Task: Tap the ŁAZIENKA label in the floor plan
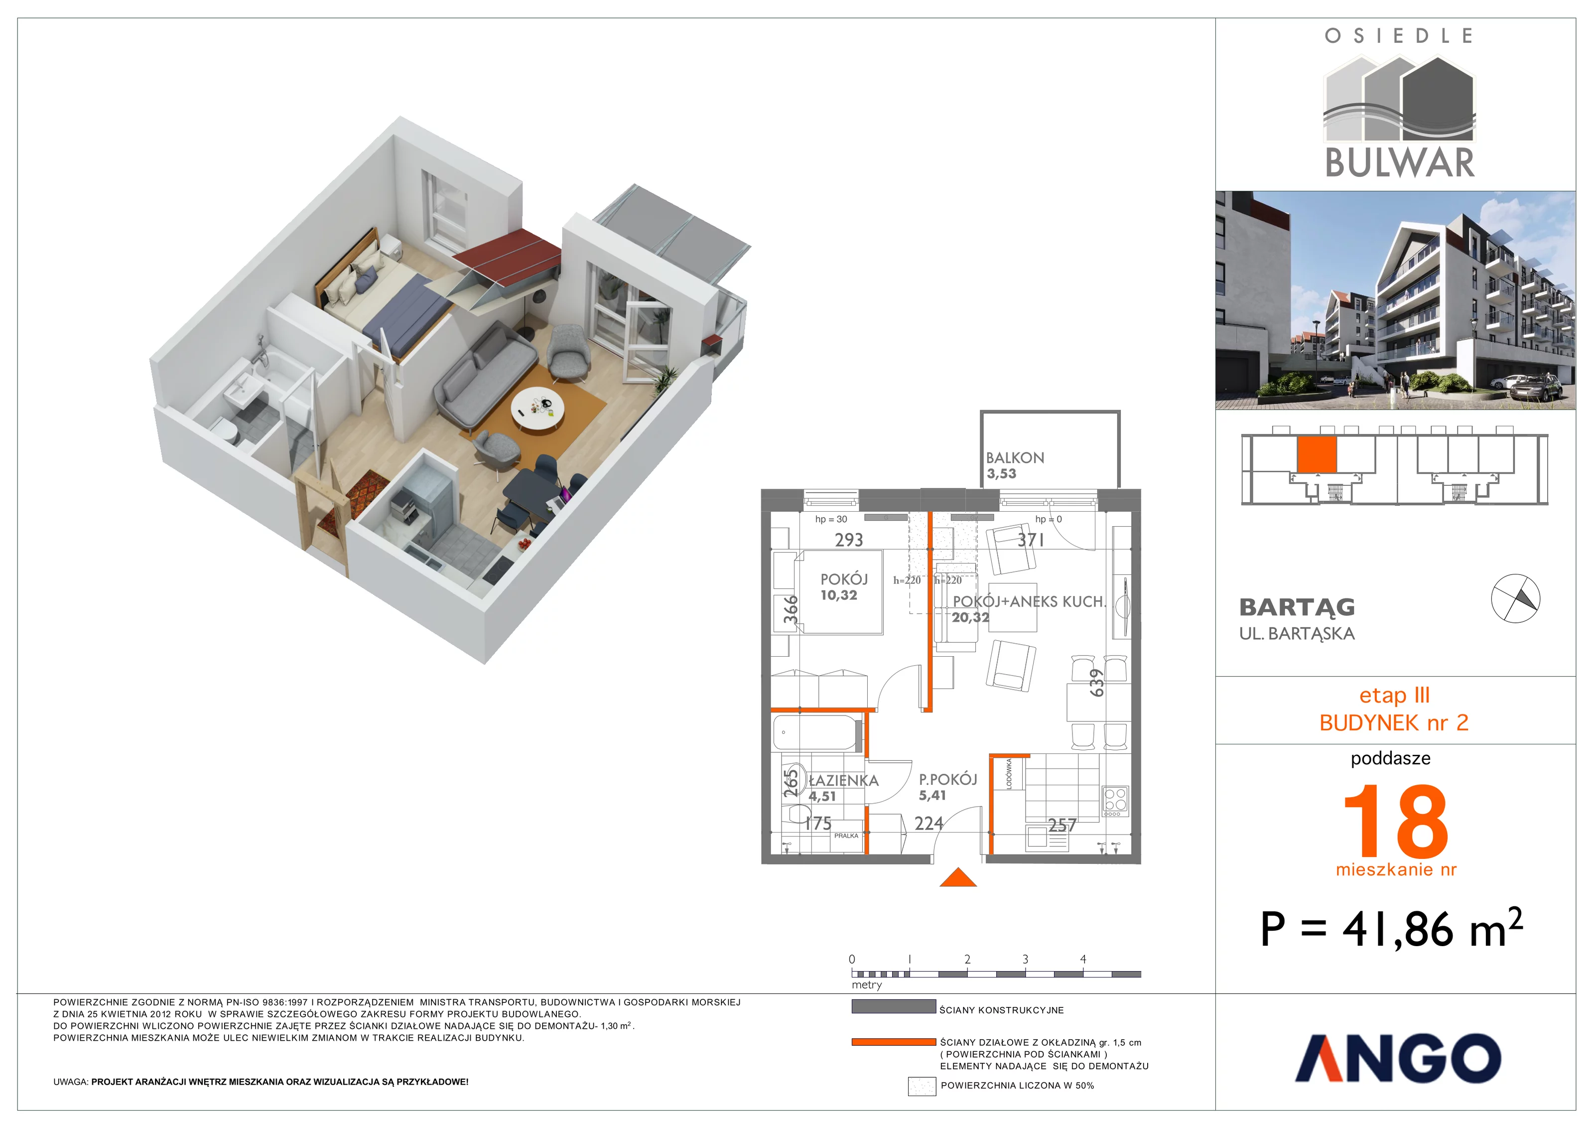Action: (843, 781)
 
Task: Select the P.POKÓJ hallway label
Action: (947, 779)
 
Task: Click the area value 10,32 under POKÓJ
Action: (839, 595)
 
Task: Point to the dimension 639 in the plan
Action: (1096, 683)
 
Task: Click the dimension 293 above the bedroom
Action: (848, 540)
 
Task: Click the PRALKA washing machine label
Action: (846, 836)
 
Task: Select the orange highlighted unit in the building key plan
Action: (1317, 455)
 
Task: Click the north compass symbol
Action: (1516, 598)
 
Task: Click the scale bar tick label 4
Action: (1083, 959)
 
